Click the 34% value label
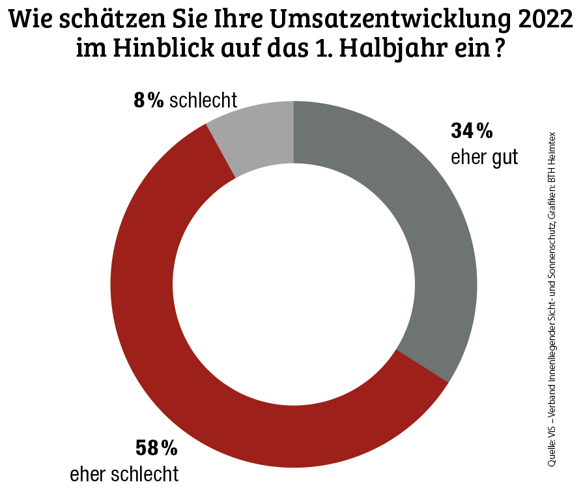(x=472, y=132)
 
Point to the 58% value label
(x=156, y=448)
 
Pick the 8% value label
(x=148, y=100)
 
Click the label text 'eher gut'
(x=484, y=157)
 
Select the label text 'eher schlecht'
(x=124, y=474)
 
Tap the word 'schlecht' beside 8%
(x=203, y=100)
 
